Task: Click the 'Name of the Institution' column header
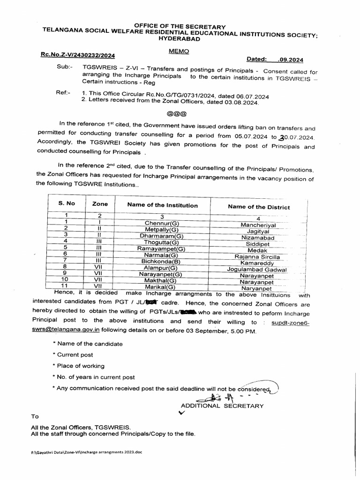162,205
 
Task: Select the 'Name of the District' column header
259,207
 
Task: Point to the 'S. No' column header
67,203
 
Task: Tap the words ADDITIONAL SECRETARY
222,406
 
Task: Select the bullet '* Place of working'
78,366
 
